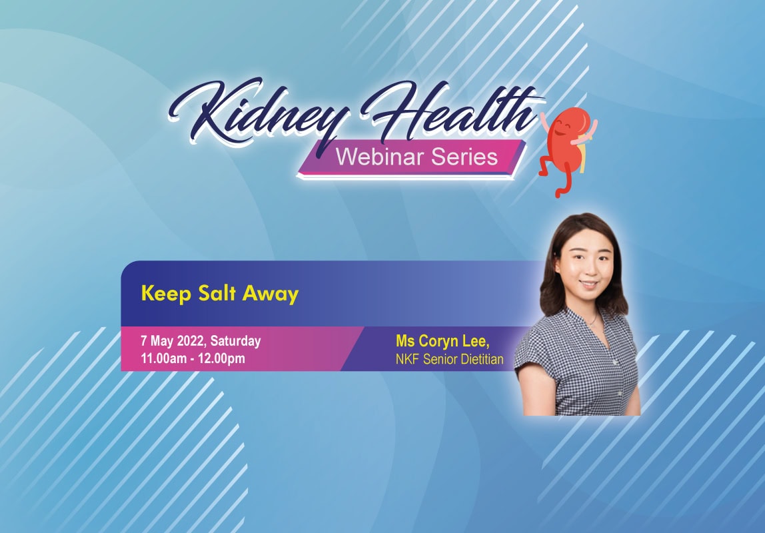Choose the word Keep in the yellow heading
[166, 294]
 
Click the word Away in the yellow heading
[271, 294]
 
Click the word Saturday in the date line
[236, 341]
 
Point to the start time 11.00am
[163, 358]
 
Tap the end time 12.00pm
[221, 358]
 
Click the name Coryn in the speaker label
[438, 341]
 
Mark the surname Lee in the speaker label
[476, 341]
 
